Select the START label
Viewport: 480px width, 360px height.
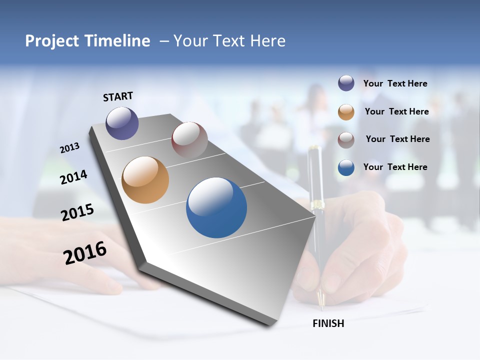[118, 96]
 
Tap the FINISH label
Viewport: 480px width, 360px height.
[328, 323]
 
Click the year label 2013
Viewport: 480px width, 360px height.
[70, 148]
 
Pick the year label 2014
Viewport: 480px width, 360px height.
[74, 177]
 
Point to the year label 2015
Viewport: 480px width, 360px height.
[77, 212]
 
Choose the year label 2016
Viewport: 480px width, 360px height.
[85, 252]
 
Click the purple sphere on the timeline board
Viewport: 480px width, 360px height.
[122, 123]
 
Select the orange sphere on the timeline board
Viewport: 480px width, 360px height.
[145, 180]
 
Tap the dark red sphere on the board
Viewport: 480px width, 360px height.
[189, 140]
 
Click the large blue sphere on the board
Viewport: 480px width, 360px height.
[216, 207]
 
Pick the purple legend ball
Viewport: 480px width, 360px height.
[346, 83]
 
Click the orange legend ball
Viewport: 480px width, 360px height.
[346, 111]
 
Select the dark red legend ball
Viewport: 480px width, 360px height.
[346, 139]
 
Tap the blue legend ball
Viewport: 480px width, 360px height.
[346, 167]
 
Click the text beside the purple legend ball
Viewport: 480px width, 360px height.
[395, 83]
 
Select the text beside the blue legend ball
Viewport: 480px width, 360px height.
[395, 167]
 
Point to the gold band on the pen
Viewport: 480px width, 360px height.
[316, 204]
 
